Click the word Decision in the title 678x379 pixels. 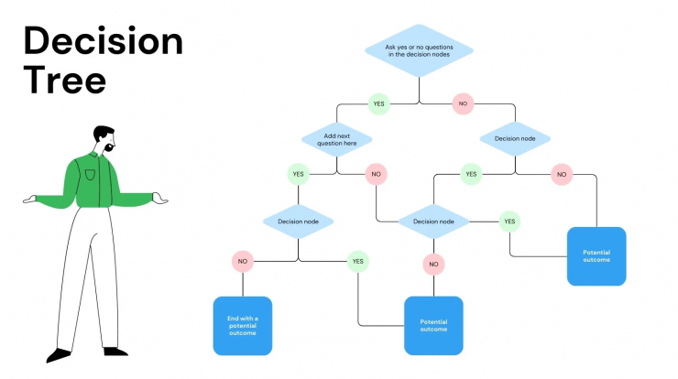[104, 41]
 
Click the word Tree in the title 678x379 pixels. [65, 80]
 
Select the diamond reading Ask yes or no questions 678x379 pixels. [419, 50]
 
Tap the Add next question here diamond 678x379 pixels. [337, 139]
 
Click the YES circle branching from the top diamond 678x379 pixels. [378, 103]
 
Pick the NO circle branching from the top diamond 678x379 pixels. [463, 103]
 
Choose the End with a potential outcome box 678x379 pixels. [243, 326]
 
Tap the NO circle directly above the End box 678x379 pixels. [243, 262]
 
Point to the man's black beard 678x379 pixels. [109, 147]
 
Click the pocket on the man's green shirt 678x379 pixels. [90, 175]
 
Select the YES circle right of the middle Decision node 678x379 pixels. [509, 222]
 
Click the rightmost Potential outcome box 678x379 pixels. [596, 256]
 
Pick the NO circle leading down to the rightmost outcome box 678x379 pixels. [562, 175]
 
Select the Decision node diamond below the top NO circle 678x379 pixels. [515, 139]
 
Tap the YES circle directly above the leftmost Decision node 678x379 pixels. [299, 174]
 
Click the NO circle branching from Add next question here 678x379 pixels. [377, 174]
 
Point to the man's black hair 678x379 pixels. [102, 132]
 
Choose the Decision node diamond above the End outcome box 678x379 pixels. [299, 222]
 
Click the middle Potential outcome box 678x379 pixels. [433, 325]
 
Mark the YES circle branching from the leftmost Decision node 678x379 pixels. [358, 262]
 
